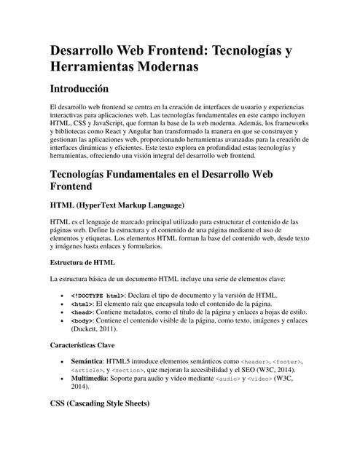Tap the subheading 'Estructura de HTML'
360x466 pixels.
(x=82, y=261)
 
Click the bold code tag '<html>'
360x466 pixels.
(x=82, y=304)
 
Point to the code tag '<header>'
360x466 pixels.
(x=255, y=362)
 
